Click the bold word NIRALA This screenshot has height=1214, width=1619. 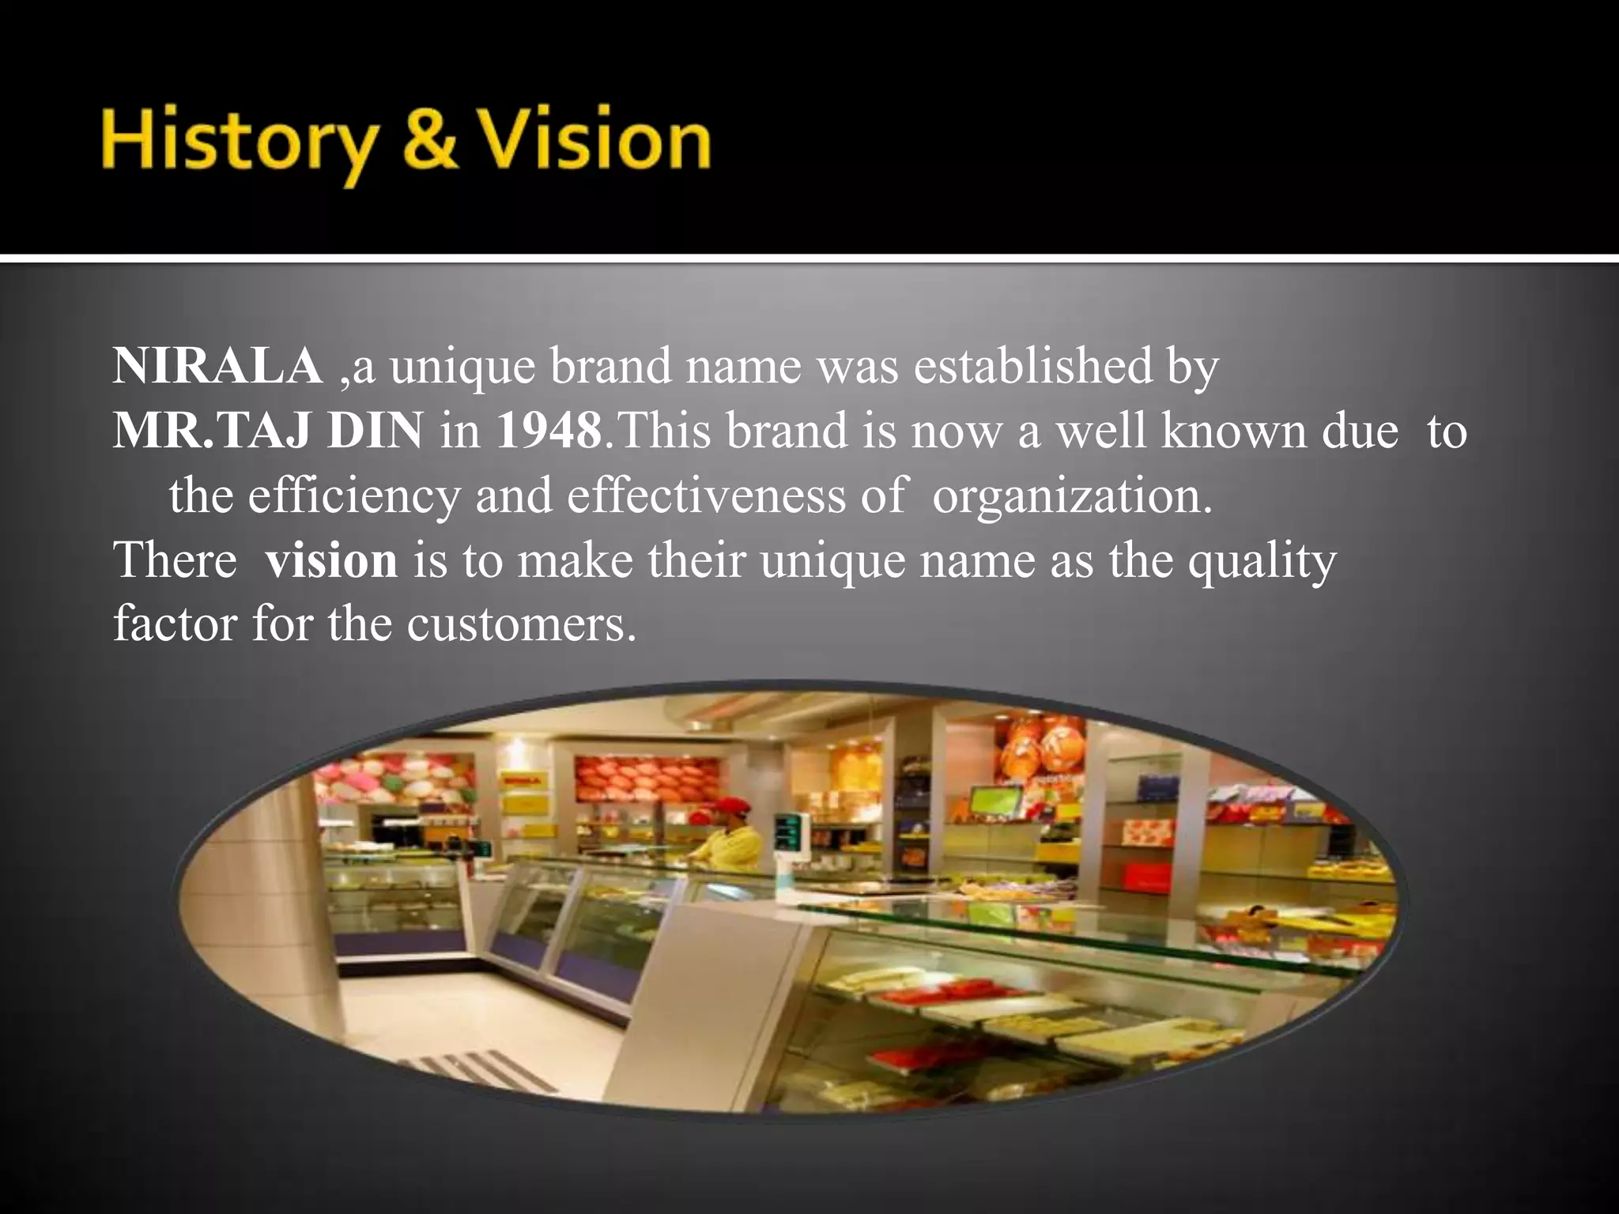coord(217,367)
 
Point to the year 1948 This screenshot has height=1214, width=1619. coord(549,432)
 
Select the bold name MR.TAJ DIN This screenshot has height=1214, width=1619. coord(268,432)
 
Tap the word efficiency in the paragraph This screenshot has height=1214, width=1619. coord(353,496)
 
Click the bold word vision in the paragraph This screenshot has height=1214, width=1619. coord(331,560)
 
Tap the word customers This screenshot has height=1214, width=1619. coord(522,624)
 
